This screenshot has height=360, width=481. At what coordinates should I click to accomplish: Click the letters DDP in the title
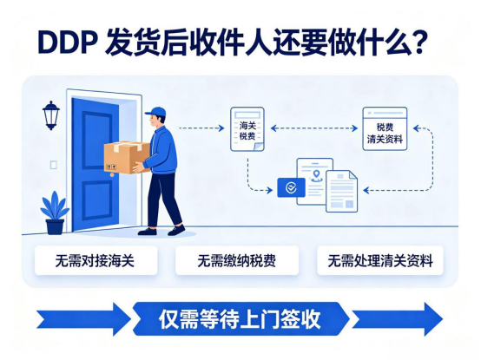[67, 42]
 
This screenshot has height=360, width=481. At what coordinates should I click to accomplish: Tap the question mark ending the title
[417, 42]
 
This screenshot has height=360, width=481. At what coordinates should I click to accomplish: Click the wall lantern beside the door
[51, 115]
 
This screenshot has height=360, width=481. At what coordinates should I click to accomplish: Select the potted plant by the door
[55, 213]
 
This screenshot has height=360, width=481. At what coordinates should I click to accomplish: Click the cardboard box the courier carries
[127, 157]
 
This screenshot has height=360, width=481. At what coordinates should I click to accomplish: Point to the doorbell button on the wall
[53, 165]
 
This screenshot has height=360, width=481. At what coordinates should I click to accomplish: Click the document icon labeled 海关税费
[247, 129]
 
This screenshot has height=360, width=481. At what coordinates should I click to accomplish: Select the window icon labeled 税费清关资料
[385, 128]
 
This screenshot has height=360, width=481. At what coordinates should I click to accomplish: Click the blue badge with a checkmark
[291, 187]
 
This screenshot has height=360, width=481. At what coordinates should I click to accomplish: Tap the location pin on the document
[316, 175]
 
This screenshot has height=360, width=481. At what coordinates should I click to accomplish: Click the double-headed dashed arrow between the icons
[314, 128]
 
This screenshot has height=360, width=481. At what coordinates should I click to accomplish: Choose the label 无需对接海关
[96, 261]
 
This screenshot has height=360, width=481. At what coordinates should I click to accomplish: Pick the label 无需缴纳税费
[236, 261]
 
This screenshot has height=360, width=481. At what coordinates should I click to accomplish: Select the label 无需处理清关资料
[380, 261]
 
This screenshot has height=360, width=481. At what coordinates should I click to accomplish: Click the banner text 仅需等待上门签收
[240, 319]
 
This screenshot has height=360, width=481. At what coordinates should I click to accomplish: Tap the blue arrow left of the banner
[83, 319]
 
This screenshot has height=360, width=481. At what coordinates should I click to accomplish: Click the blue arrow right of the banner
[398, 319]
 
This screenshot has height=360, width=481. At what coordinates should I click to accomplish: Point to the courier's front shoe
[176, 231]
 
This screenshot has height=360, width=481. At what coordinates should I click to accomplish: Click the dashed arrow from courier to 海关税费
[201, 128]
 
